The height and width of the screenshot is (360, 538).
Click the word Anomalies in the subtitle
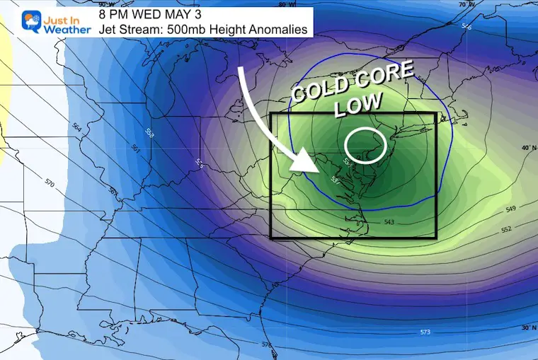pos(281,30)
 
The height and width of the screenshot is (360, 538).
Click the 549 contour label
pos(511,211)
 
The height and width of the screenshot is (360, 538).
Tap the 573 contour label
pos(425,332)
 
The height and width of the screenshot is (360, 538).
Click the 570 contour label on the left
pos(49,184)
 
